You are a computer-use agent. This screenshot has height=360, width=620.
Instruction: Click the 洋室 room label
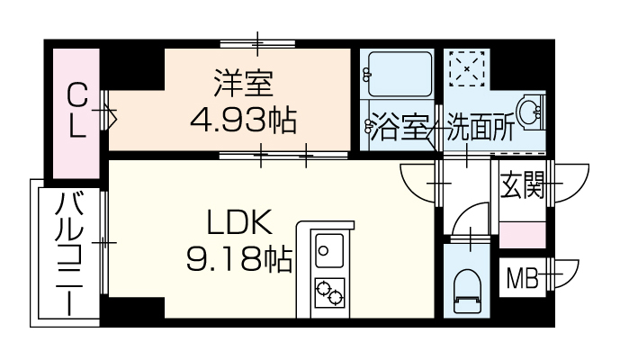[243, 83]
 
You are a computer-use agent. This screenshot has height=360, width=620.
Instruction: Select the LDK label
[240, 224]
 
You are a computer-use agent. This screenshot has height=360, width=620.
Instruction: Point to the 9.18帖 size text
[239, 259]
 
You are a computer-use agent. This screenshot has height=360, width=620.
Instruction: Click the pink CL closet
[76, 113]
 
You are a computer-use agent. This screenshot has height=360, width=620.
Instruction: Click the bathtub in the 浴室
[400, 74]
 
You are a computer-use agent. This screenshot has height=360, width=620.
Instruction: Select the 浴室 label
[399, 126]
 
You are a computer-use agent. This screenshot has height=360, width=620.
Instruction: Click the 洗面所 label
[481, 127]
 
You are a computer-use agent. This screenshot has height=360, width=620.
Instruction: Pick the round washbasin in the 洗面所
[530, 112]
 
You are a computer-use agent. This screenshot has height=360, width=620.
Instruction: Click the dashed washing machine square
[467, 68]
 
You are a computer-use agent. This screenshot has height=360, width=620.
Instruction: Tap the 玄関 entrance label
[523, 184]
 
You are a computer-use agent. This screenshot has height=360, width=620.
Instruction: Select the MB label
[523, 278]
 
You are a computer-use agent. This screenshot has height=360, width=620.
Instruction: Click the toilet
[466, 291]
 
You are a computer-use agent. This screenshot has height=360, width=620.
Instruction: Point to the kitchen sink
[329, 251]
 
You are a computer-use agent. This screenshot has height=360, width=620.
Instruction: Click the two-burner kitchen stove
[329, 292]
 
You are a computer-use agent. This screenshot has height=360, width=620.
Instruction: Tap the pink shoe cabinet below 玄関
[522, 236]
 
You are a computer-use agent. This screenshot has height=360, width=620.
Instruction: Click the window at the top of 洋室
[257, 43]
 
